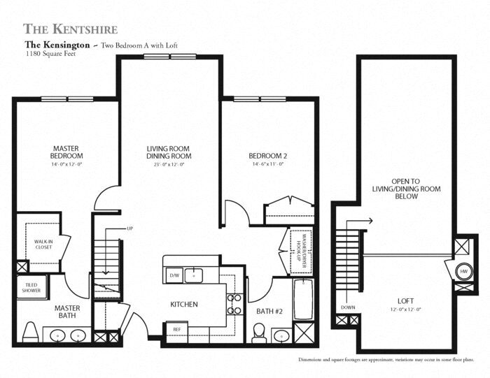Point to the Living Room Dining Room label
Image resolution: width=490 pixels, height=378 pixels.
(169, 152)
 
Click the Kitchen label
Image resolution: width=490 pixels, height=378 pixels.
(184, 305)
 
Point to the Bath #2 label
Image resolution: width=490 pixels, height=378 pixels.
(269, 310)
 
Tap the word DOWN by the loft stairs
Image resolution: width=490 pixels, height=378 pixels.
(347, 305)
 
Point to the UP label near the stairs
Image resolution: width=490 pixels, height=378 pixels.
(129, 228)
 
